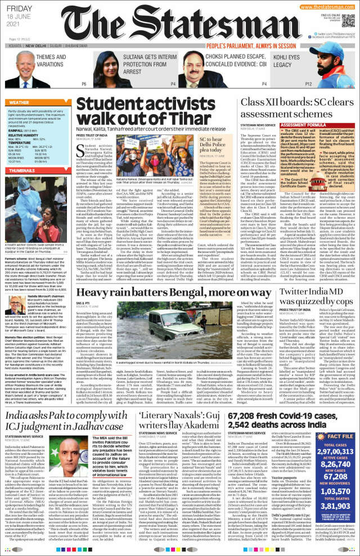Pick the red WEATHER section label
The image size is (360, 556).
point(19,103)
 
